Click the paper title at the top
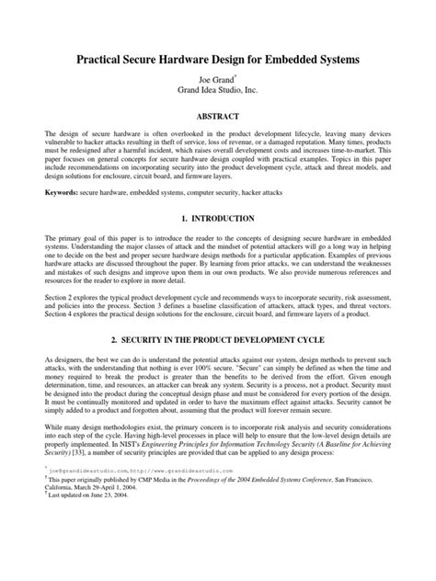pos(217,58)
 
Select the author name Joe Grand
pos(215,80)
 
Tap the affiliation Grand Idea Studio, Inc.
pos(218,92)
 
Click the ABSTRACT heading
pos(218,117)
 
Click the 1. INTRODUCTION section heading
pos(218,219)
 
